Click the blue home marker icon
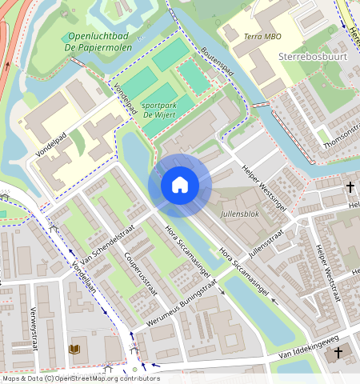click(x=180, y=186)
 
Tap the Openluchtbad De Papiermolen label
click(x=100, y=42)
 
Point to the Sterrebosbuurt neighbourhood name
click(x=314, y=58)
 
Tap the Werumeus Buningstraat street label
click(x=182, y=307)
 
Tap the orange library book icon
click(x=75, y=350)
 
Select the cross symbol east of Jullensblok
click(x=350, y=187)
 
